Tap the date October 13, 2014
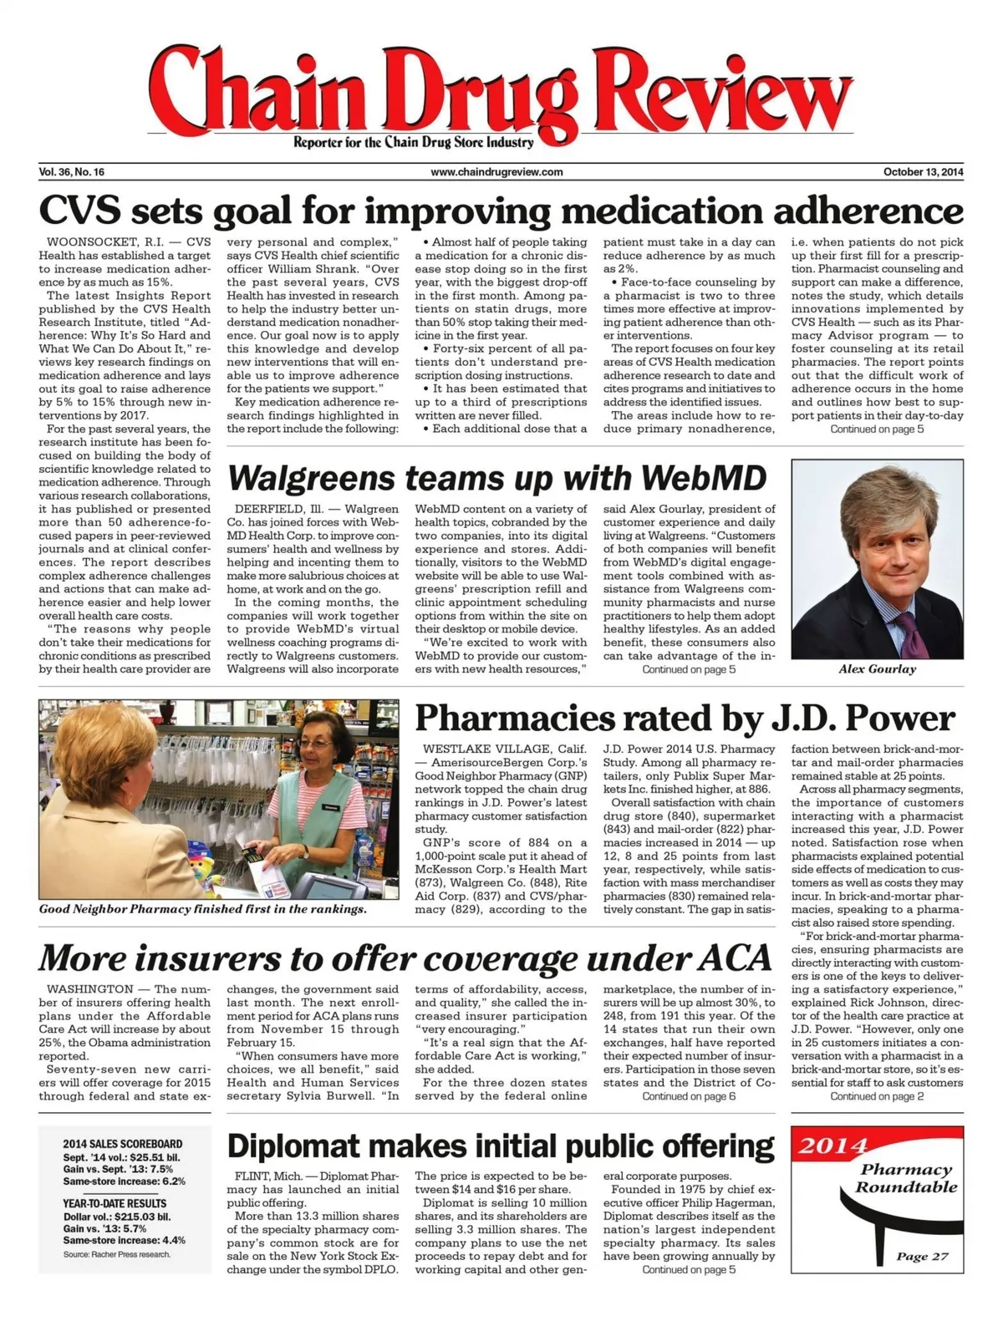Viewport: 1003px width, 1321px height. (x=923, y=172)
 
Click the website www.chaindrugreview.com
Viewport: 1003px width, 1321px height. (x=496, y=172)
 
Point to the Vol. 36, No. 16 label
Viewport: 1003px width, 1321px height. (x=72, y=172)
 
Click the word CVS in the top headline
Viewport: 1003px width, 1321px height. (x=78, y=211)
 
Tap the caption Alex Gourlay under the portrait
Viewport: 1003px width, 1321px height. (x=877, y=668)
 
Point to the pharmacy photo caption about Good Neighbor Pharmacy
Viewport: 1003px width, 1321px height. (x=203, y=909)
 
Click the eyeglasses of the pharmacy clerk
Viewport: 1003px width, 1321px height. (x=319, y=743)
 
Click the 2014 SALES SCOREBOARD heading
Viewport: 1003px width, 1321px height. (x=122, y=1144)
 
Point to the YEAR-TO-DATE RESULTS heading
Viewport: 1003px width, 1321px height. (x=115, y=1203)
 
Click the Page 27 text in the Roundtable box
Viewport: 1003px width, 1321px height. (x=922, y=1256)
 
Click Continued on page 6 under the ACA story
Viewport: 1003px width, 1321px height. (x=689, y=1096)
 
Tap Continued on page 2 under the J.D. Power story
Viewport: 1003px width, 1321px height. (x=877, y=1096)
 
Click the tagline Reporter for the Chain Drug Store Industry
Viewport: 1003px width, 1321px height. (x=413, y=143)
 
